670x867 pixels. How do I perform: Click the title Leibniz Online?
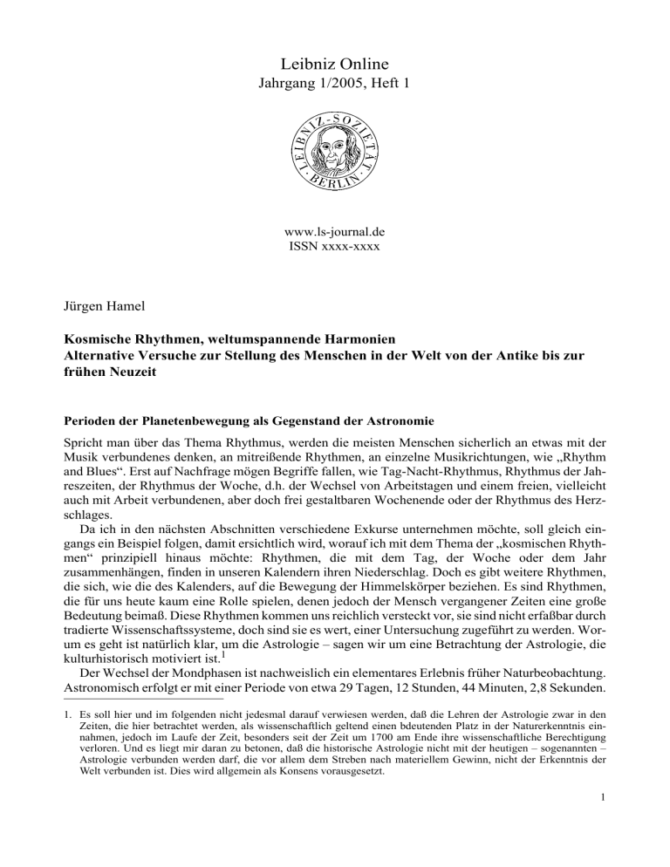click(335, 64)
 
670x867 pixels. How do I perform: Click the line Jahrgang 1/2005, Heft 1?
click(335, 89)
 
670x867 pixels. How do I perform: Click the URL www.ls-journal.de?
click(335, 235)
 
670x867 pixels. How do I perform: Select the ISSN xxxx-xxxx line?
click(335, 249)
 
